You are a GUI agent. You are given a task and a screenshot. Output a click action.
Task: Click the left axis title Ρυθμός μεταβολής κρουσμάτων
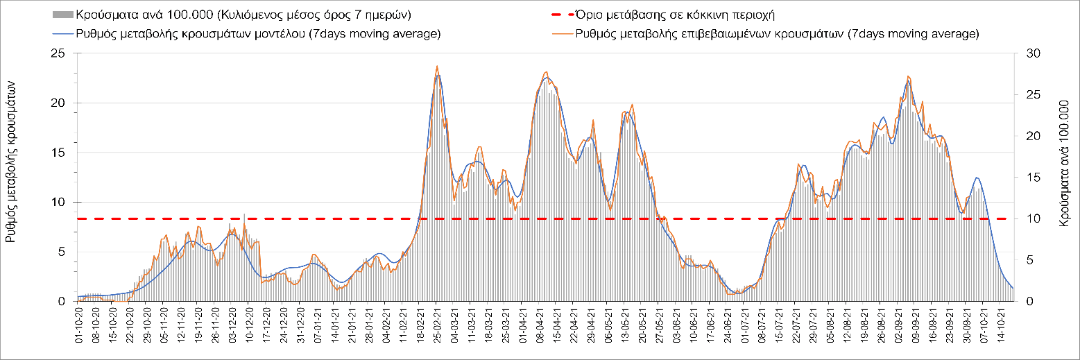[12, 160]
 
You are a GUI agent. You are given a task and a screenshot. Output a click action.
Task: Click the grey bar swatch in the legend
[62, 15]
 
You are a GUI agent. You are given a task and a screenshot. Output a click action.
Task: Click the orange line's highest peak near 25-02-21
[436, 67]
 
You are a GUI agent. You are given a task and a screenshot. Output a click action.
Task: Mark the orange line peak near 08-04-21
[547, 72]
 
